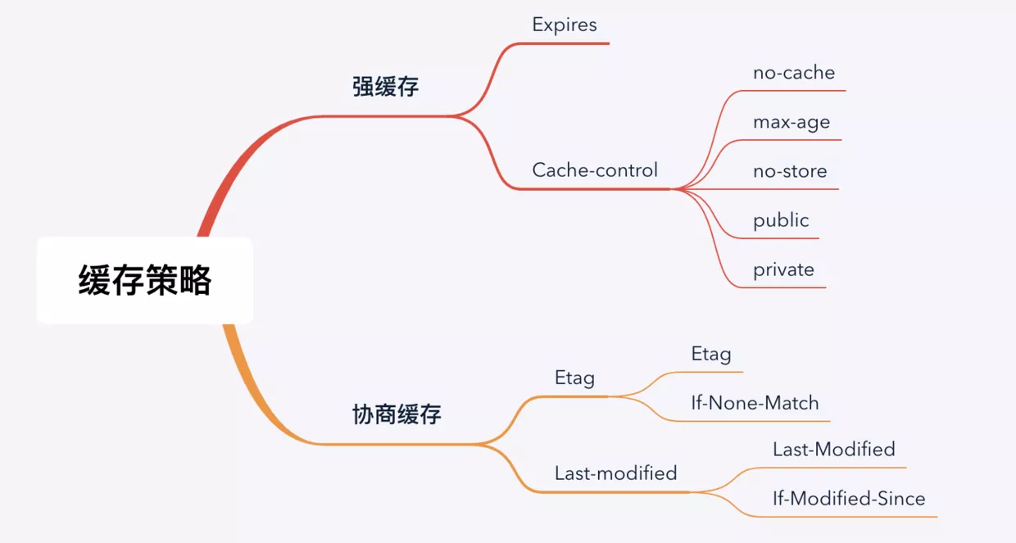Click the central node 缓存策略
(145, 280)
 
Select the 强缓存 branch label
(385, 87)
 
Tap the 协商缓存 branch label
(397, 414)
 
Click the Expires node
(565, 25)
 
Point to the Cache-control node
(595, 170)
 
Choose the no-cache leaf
(794, 73)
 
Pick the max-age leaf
(791, 122)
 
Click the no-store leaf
(790, 171)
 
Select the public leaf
(781, 220)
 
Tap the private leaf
(783, 269)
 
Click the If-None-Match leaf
(755, 403)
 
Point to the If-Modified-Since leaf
(849, 499)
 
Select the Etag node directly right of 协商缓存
(574, 378)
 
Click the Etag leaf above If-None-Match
(711, 354)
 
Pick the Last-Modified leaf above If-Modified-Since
(833, 450)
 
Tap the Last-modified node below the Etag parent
(615, 473)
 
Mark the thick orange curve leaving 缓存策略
(246, 385)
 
